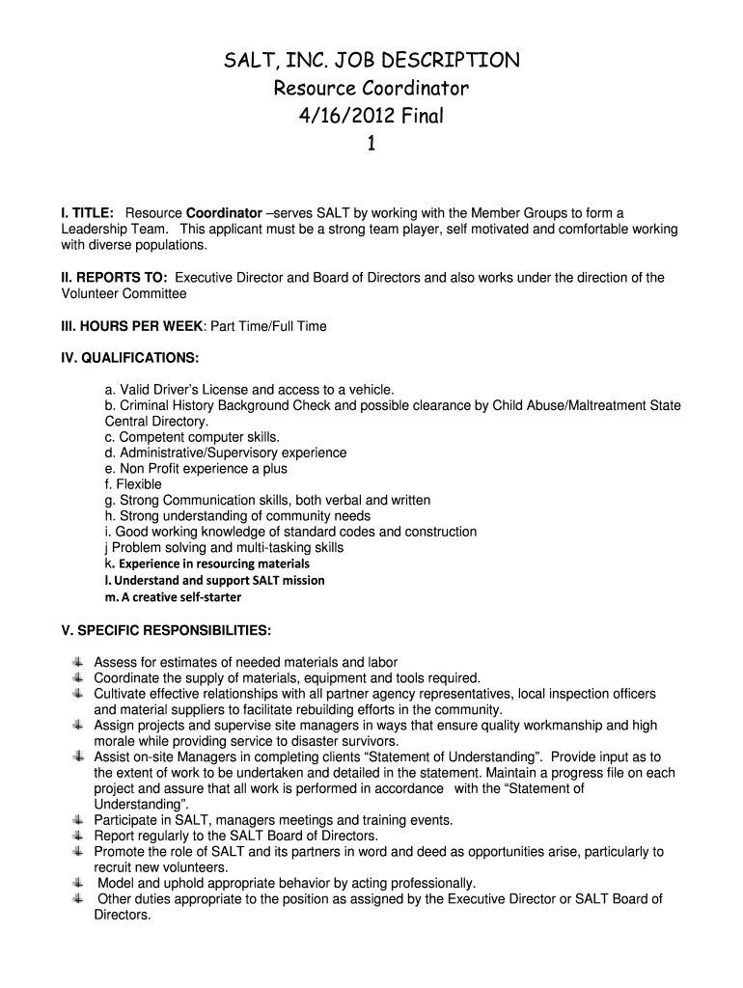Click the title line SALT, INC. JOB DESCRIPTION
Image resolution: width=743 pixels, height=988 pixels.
(371, 62)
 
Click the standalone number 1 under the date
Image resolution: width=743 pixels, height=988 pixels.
(371, 144)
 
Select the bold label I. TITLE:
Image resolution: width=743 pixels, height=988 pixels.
(88, 213)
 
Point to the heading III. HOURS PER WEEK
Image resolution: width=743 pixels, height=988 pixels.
(132, 326)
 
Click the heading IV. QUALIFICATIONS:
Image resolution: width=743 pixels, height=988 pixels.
(130, 358)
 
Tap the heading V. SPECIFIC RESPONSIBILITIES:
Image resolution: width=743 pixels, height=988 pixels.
(166, 631)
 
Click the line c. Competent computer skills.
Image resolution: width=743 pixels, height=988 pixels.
(192, 437)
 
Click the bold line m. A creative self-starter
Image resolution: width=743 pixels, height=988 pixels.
(173, 597)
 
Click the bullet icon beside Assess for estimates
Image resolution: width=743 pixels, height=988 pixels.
(77, 663)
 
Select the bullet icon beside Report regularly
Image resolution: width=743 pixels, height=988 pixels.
(77, 836)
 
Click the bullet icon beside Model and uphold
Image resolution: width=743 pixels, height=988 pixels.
(77, 883)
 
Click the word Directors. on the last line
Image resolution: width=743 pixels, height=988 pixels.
(123, 915)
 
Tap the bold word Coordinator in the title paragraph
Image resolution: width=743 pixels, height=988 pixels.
(224, 213)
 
